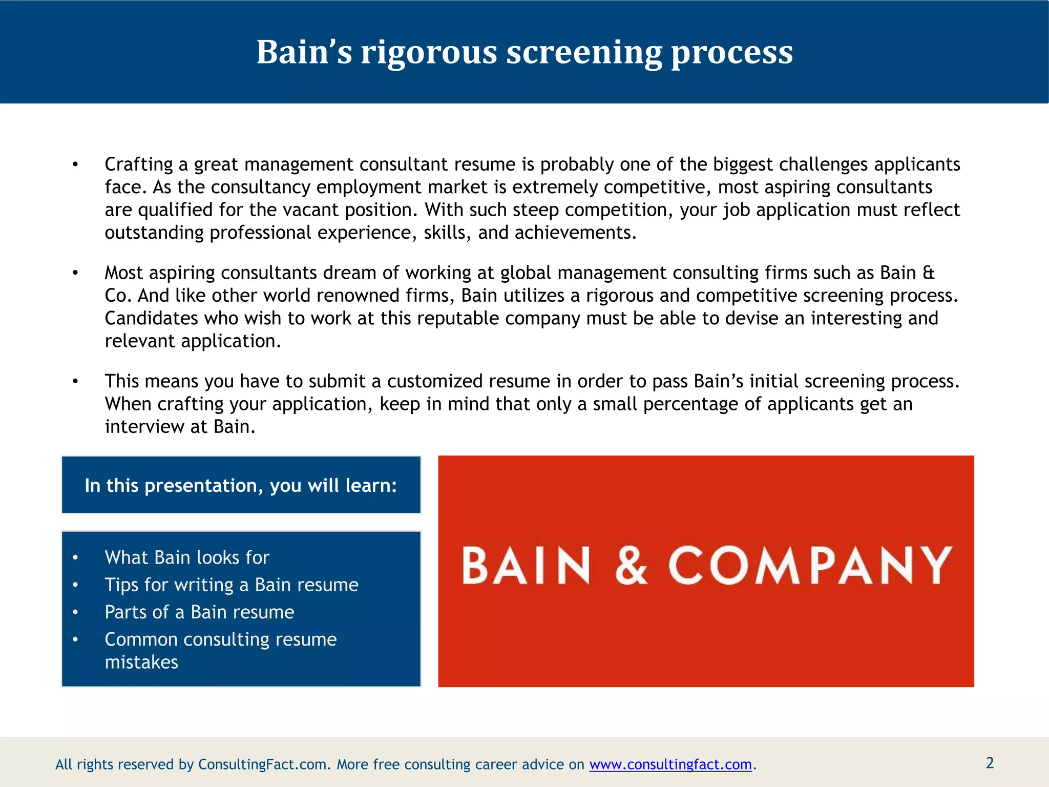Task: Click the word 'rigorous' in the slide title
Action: click(x=429, y=52)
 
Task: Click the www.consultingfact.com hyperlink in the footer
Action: click(x=670, y=764)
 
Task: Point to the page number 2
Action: click(x=990, y=763)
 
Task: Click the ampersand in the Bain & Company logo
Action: click(x=631, y=565)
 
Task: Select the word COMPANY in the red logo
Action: click(x=810, y=565)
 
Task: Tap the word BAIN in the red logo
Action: click(x=526, y=565)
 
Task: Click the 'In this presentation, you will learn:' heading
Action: click(x=241, y=485)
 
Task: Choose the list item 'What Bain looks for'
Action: click(x=187, y=557)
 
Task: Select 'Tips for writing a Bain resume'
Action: click(x=232, y=585)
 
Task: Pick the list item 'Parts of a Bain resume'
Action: click(x=199, y=612)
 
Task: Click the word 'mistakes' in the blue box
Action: click(x=141, y=662)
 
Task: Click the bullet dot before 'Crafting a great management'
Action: click(x=75, y=164)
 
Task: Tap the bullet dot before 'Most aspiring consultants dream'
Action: click(x=75, y=273)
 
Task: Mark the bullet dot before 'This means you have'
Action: click(x=75, y=382)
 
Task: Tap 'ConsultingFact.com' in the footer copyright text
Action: click(x=262, y=764)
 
